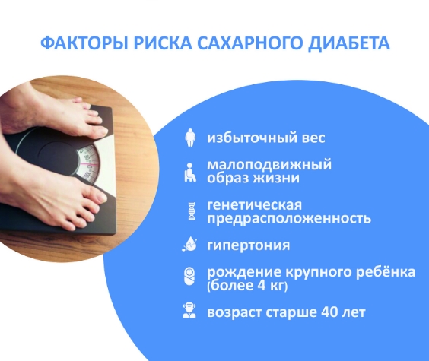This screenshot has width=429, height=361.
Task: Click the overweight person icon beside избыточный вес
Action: coord(191,138)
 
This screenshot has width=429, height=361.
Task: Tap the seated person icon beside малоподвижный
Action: coord(191,172)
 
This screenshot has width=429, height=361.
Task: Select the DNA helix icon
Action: coord(191,211)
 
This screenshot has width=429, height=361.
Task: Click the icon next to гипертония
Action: coord(191,245)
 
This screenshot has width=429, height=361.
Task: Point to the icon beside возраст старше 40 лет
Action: coord(191,312)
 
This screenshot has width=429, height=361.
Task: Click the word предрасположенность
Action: coord(289,219)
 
